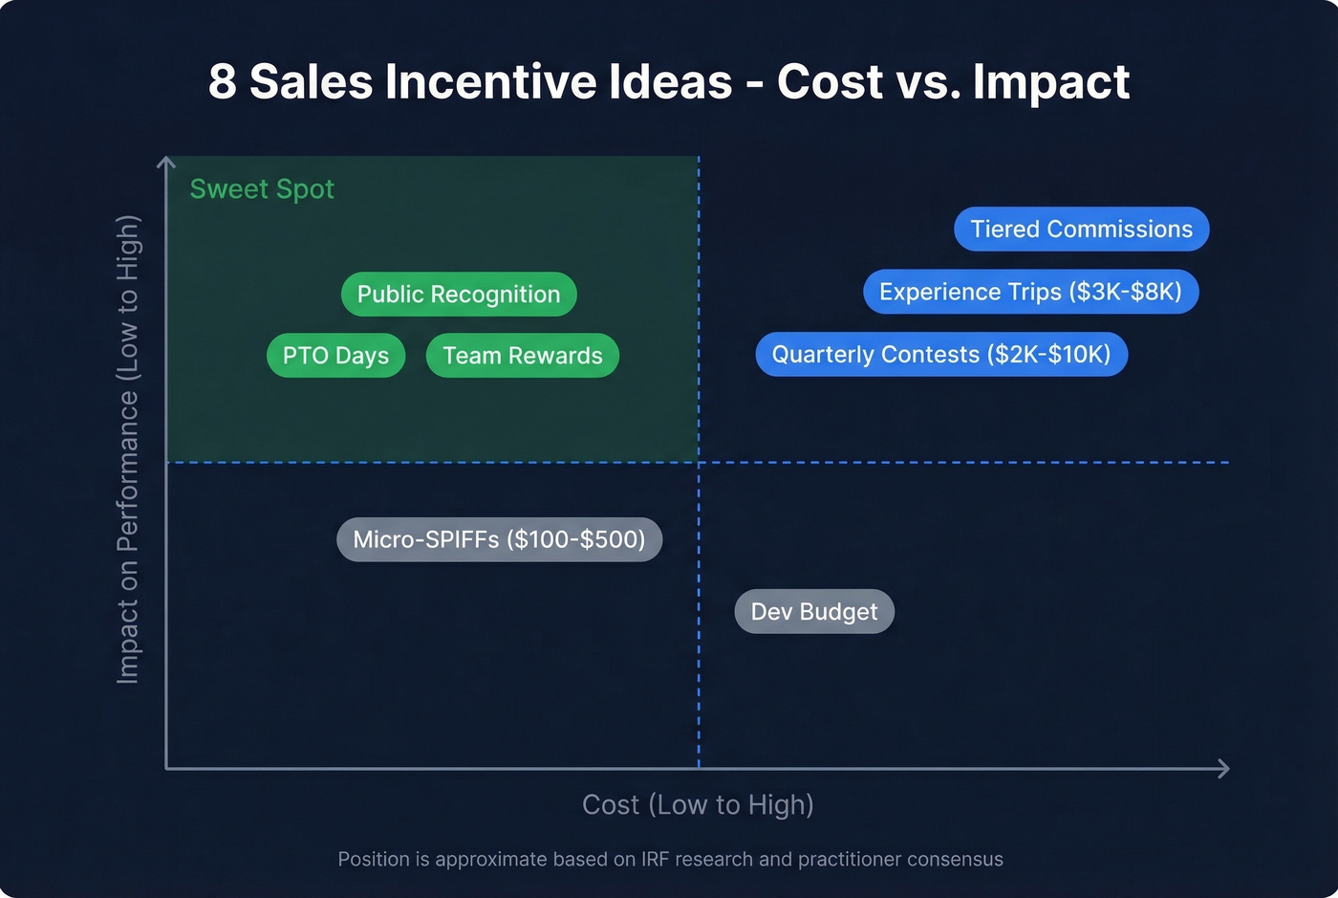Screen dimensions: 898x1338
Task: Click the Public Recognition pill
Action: [x=459, y=295]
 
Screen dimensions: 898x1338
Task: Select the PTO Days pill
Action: [x=335, y=356]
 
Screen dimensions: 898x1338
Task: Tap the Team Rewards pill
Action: [x=522, y=356]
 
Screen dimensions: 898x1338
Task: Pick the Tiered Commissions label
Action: [x=1081, y=230]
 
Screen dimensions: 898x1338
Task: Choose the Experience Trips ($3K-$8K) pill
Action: [x=1030, y=292]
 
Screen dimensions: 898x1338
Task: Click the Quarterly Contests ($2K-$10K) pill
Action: [x=941, y=355]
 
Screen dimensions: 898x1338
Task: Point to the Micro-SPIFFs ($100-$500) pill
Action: [x=499, y=539]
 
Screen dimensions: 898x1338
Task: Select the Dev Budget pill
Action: [x=813, y=612]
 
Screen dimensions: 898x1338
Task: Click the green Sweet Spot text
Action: [x=262, y=189]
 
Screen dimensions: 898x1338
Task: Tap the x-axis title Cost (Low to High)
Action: [x=698, y=805]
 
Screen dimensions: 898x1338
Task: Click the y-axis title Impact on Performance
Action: [x=128, y=449]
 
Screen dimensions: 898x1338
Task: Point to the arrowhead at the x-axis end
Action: [x=1224, y=769]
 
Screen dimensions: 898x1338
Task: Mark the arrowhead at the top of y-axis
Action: [x=166, y=162]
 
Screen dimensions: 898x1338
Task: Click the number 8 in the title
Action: [x=222, y=82]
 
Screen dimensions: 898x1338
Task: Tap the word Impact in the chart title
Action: [x=1051, y=82]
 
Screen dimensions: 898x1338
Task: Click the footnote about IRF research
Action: [x=670, y=859]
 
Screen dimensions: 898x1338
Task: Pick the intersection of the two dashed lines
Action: [x=699, y=463]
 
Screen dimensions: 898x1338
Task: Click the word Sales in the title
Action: [x=311, y=82]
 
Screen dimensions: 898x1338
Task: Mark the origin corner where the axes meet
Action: [x=166, y=769]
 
